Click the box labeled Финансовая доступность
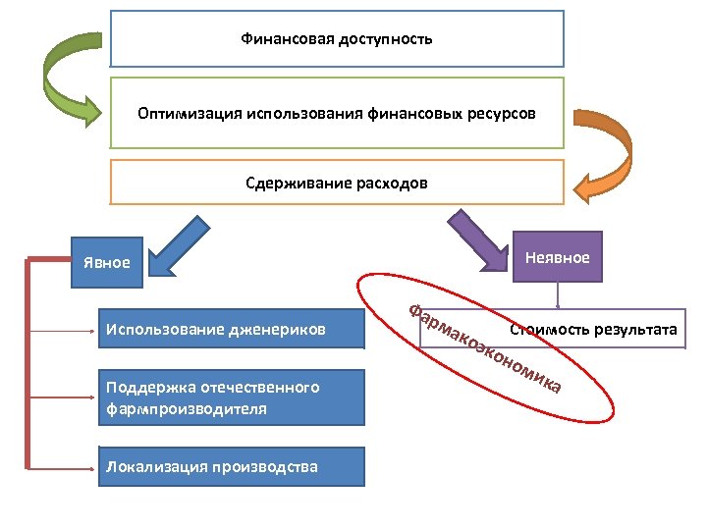pyautogui.click(x=337, y=39)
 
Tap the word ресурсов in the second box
pyautogui.click(x=505, y=114)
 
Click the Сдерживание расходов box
pyautogui.click(x=337, y=183)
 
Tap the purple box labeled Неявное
pyautogui.click(x=558, y=258)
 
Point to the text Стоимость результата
pyautogui.click(x=593, y=329)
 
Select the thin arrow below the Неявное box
pyautogui.click(x=558, y=295)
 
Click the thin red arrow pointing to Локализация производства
pyautogui.click(x=69, y=466)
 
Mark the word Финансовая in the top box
pyautogui.click(x=288, y=39)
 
